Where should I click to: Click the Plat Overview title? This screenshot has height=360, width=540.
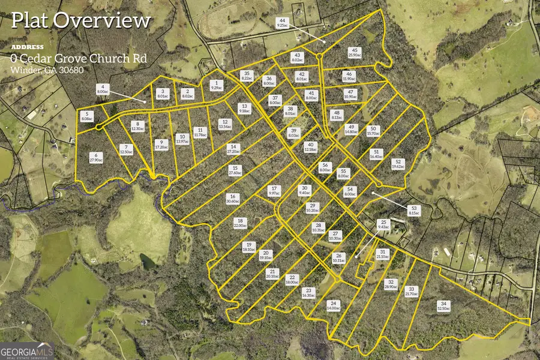[x=80, y=20]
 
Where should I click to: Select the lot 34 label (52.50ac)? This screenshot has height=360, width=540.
[x=443, y=307]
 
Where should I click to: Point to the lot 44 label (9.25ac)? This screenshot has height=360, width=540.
[x=282, y=23]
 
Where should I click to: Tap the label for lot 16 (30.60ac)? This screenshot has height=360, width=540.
[x=233, y=199]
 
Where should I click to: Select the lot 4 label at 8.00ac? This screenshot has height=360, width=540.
[x=103, y=89]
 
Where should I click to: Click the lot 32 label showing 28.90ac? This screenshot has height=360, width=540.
[x=391, y=284]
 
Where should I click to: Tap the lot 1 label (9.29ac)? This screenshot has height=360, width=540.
[x=217, y=85]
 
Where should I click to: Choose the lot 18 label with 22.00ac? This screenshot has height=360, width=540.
[x=240, y=223]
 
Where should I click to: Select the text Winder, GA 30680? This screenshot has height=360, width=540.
[x=47, y=70]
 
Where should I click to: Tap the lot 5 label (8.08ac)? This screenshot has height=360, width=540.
[x=86, y=116]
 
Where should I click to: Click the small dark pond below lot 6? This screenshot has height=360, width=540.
[x=147, y=261]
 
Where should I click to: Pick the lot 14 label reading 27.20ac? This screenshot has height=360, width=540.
[x=234, y=149]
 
